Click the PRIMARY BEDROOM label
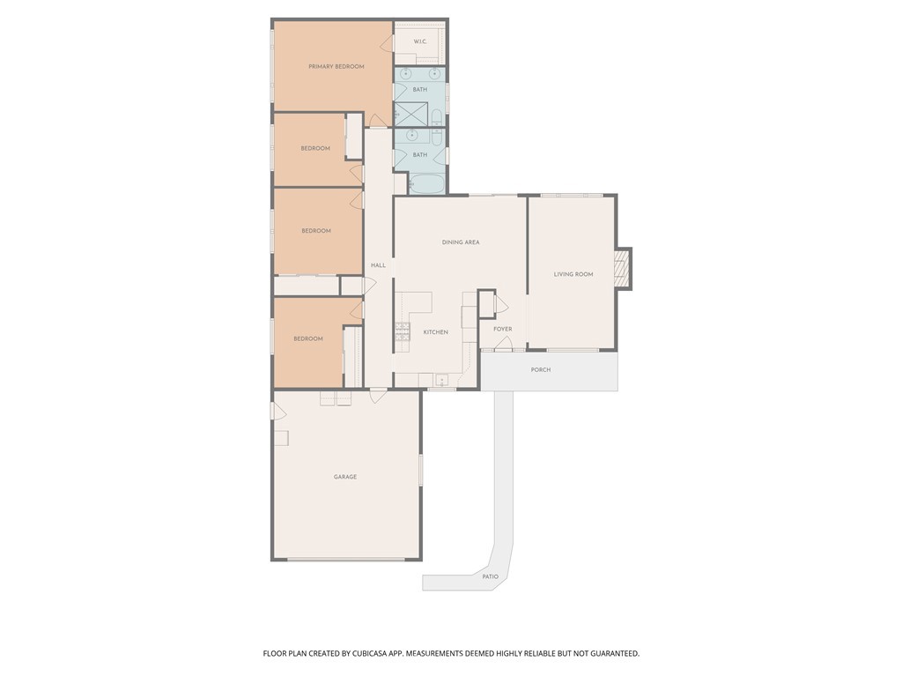pos(336,67)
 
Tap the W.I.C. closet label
pos(420,42)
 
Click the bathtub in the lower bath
pos(428,184)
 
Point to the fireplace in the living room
pos(623,269)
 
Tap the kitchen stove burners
pos(402,331)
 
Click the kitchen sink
pos(440,380)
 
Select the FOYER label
pos(502,330)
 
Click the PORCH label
pos(541,370)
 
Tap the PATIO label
pos(490,576)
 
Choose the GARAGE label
pos(345,477)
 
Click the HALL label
pos(378,265)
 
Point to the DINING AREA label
pos(461,242)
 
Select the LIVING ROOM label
pos(573,275)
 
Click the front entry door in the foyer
pos(504,346)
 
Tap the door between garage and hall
pos(378,396)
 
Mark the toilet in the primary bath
pos(438,116)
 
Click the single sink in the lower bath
pos(411,135)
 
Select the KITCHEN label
pos(436,332)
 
